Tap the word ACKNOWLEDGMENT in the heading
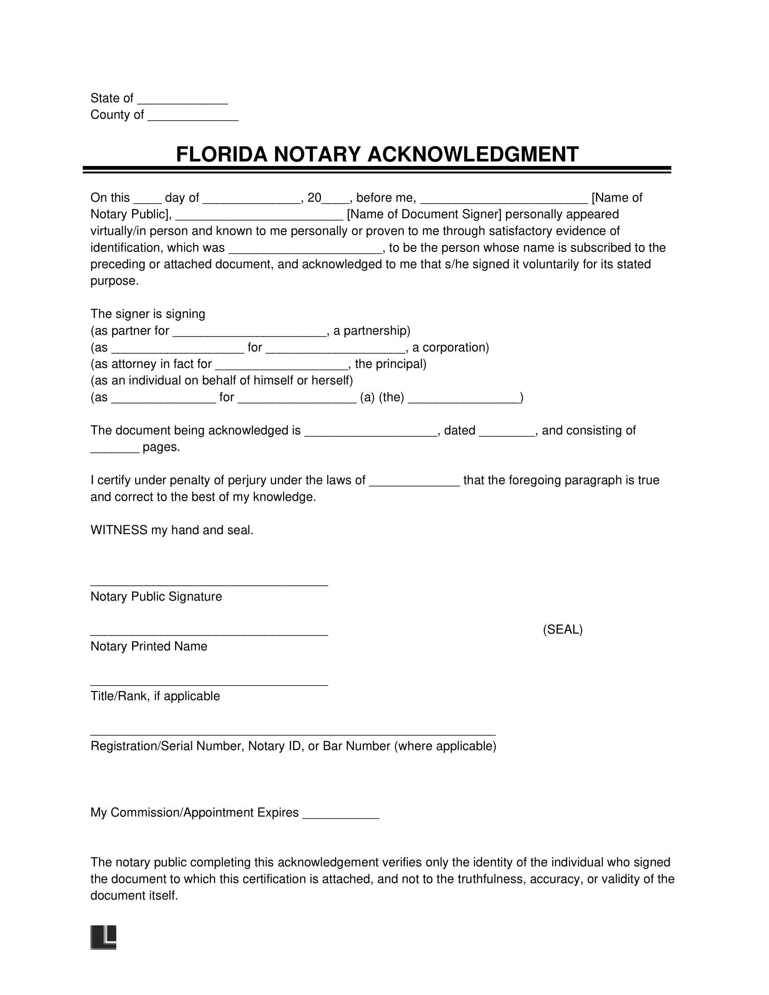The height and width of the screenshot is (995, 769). click(x=472, y=154)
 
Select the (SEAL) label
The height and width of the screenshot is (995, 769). click(x=562, y=630)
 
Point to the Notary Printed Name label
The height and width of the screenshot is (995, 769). click(x=148, y=646)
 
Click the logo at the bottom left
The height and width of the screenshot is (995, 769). click(x=104, y=938)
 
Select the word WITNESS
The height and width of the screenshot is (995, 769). click(x=119, y=531)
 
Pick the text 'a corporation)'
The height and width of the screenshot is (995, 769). click(x=450, y=348)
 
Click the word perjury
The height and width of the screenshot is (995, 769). click(x=247, y=480)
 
